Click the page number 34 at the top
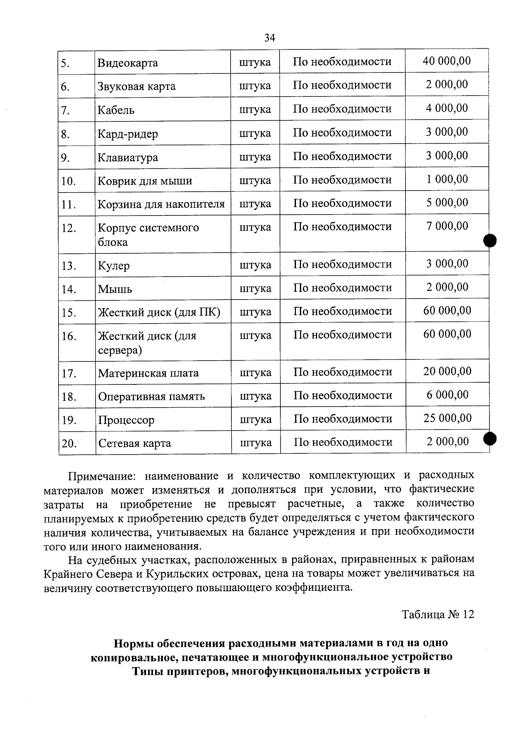click(x=269, y=38)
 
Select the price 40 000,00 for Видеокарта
click(x=447, y=61)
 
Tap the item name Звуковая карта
click(x=137, y=86)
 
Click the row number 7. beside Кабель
click(x=65, y=110)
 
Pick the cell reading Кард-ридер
click(x=128, y=134)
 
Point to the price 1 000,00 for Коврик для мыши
click(x=447, y=179)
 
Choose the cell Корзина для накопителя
click(x=161, y=204)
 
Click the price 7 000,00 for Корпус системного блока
click(x=447, y=226)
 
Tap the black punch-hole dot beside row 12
click(x=490, y=240)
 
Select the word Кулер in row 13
click(x=114, y=265)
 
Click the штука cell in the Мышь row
click(x=255, y=288)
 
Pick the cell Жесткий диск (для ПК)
click(x=159, y=312)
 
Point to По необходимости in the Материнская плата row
click(x=343, y=372)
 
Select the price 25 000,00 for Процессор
click(x=448, y=418)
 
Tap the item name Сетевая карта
click(x=135, y=443)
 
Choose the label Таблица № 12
click(x=438, y=614)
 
